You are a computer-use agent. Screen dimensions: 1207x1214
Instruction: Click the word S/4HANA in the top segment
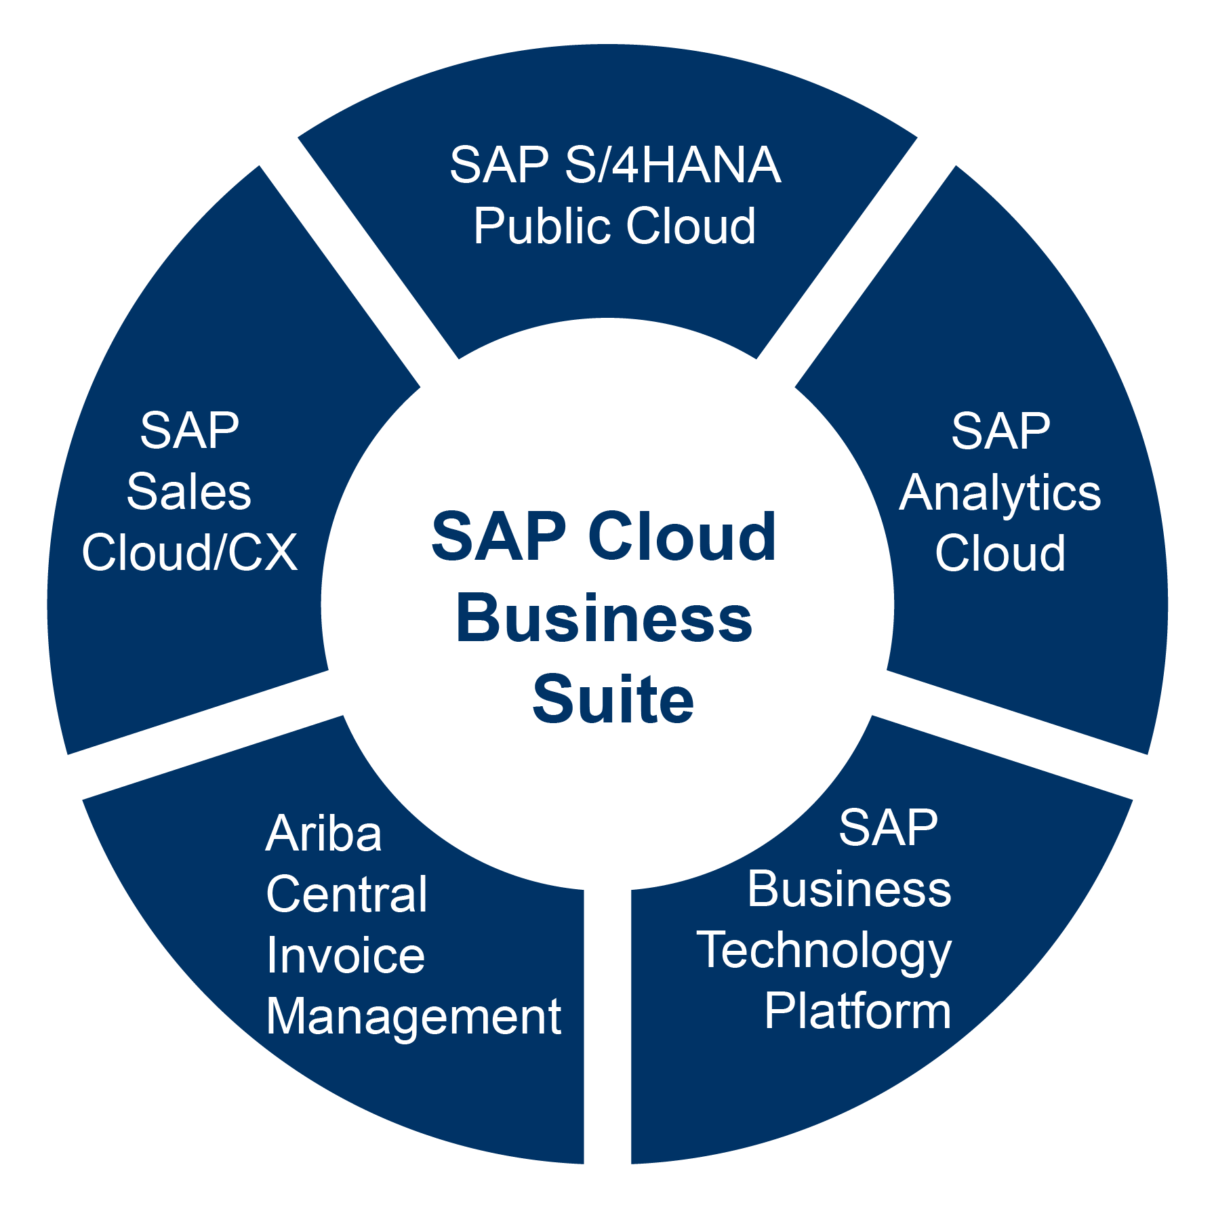pos(673,165)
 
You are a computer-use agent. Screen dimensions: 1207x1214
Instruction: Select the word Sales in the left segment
pos(189,492)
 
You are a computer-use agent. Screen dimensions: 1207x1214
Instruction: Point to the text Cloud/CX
pos(190,553)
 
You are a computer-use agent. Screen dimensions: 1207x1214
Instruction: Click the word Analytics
pos(1000,493)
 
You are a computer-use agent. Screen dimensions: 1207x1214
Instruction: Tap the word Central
pos(347,895)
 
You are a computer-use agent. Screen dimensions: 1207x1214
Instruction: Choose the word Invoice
pos(346,956)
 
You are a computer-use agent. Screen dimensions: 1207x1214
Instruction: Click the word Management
pos(413,1017)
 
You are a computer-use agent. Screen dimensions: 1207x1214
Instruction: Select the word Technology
pos(824,950)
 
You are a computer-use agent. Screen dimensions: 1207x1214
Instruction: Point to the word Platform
pos(858,1011)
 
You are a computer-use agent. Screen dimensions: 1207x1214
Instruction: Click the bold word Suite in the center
pos(613,699)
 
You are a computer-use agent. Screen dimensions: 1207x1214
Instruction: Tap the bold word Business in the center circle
pos(604,618)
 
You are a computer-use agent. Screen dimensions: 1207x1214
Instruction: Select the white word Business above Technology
pos(849,889)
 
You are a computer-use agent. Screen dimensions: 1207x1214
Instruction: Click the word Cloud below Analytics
pos(1000,553)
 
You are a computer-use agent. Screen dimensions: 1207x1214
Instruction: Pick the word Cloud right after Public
pos(691,226)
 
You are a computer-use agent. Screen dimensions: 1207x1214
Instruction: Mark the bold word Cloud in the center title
pos(682,537)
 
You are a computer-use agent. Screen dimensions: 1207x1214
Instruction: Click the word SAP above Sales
pos(190,431)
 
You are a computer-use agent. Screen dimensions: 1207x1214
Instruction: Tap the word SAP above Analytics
pos(1000,431)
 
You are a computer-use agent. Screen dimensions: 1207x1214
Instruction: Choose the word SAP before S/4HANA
pos(500,165)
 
